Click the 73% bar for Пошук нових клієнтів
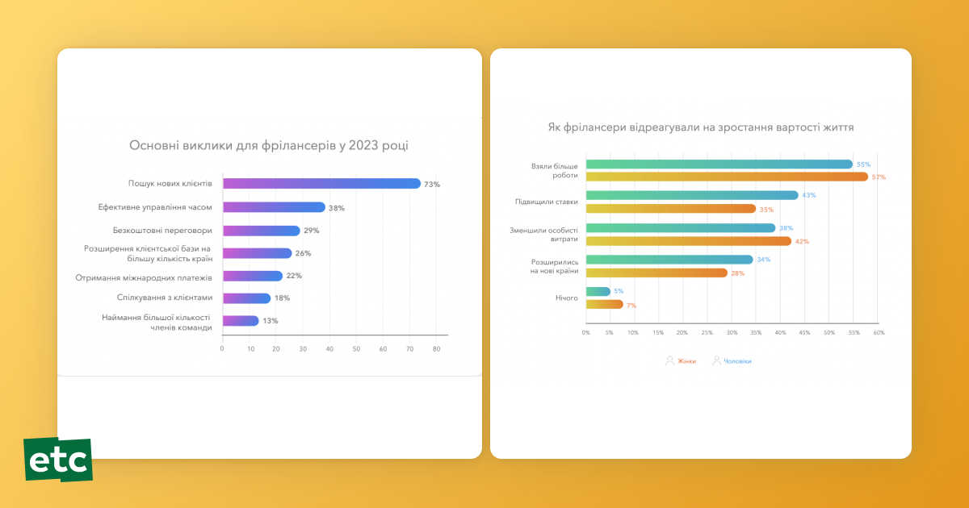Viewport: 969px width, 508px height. click(x=321, y=184)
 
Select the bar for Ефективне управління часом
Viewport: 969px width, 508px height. click(x=274, y=207)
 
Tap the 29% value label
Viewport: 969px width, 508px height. click(x=311, y=231)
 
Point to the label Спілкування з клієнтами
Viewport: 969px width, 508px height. click(x=165, y=298)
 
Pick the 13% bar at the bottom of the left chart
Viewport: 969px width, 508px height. click(x=241, y=321)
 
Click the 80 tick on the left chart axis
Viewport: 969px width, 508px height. click(x=436, y=348)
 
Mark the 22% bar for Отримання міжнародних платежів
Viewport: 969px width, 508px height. click(x=253, y=276)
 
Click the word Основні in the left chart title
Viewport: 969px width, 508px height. click(x=155, y=146)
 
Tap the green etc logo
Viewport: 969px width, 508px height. click(x=57, y=460)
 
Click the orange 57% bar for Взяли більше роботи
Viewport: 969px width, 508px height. click(x=727, y=177)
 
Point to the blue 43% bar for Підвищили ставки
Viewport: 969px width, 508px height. click(x=692, y=195)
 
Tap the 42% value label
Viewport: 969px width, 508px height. click(x=802, y=241)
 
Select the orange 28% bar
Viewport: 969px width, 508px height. click(x=656, y=273)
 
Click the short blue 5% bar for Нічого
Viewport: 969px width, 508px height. click(x=598, y=291)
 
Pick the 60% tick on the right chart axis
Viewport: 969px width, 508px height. click(x=879, y=332)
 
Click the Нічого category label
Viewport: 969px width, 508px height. click(x=567, y=298)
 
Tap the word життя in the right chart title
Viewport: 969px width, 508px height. click(x=838, y=127)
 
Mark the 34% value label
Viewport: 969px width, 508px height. click(x=763, y=260)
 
